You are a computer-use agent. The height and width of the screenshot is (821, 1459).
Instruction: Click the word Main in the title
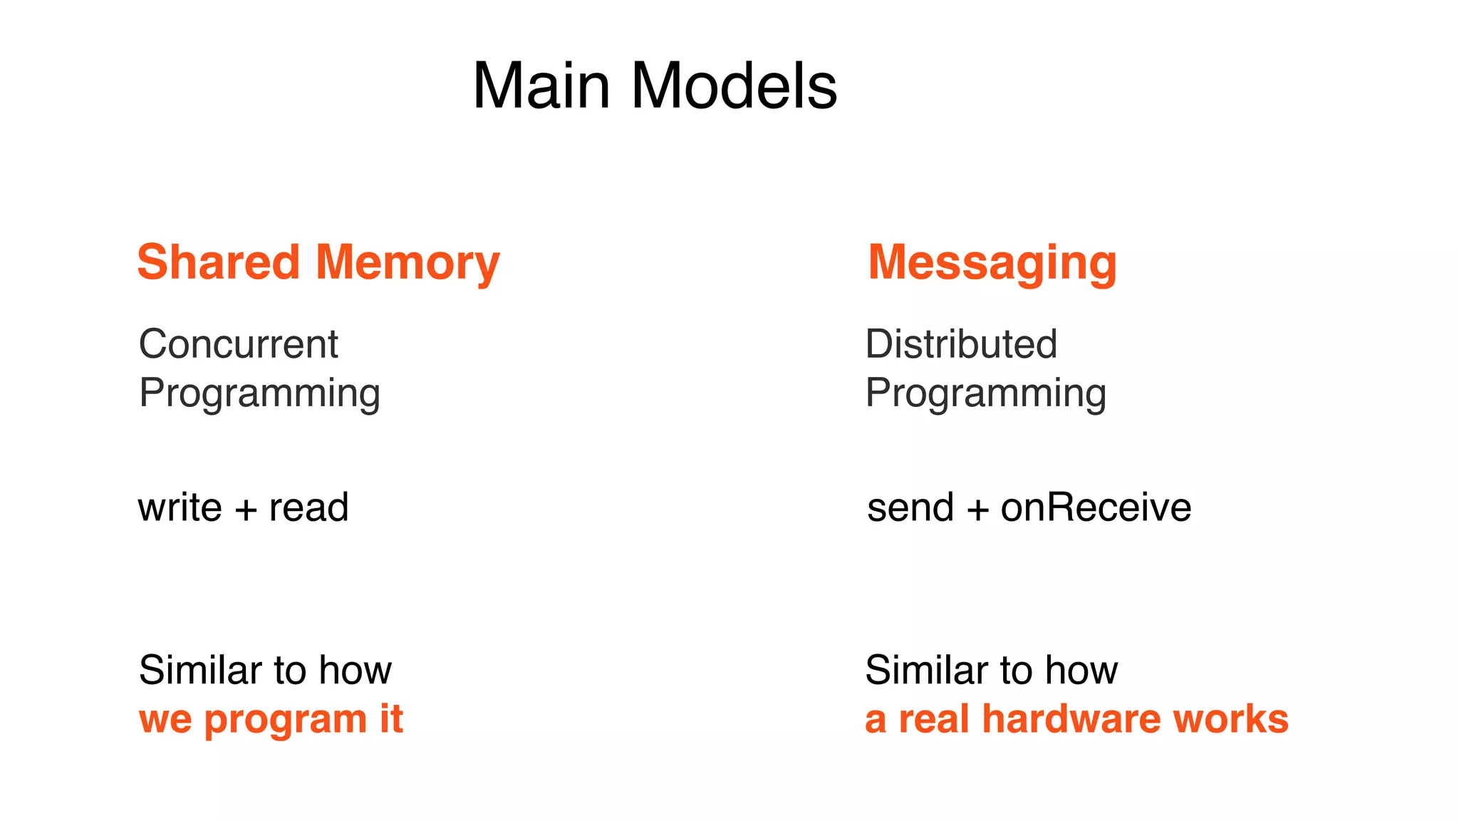[541, 86]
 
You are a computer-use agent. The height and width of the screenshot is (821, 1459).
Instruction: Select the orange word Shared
[218, 262]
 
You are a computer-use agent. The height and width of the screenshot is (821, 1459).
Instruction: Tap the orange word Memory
[407, 264]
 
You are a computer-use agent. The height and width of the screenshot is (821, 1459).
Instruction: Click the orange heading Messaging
[992, 264]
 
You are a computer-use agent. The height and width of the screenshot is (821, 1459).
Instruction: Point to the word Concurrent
[238, 344]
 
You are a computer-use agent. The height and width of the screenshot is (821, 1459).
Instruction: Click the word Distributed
[961, 344]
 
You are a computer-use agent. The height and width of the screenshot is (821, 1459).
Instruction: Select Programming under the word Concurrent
[259, 393]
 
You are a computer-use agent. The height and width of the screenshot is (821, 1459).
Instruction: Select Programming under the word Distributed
[985, 393]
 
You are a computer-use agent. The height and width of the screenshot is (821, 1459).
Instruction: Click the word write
[180, 507]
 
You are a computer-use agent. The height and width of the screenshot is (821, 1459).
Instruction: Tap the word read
[308, 507]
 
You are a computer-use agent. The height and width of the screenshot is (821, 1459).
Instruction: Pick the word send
[910, 507]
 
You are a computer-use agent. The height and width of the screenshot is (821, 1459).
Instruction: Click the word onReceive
[1096, 507]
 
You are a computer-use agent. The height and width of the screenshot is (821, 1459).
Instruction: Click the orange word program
[285, 720]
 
